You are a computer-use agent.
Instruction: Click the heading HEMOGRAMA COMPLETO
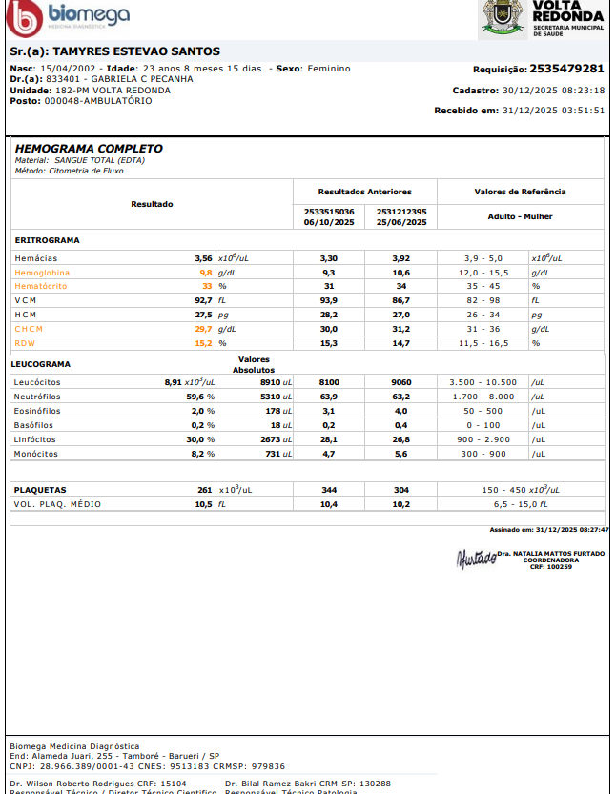89,149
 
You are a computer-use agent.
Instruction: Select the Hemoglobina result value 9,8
205,273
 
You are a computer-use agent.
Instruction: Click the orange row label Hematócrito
41,286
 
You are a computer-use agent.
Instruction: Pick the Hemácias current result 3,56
203,258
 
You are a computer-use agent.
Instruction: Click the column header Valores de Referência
520,192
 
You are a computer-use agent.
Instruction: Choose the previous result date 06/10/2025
329,222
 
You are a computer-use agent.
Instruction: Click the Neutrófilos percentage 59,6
195,396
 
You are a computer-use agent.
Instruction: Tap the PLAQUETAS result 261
204,490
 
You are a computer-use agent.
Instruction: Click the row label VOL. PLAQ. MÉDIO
57,504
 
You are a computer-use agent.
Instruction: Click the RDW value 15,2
203,343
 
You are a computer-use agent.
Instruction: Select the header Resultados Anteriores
364,192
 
